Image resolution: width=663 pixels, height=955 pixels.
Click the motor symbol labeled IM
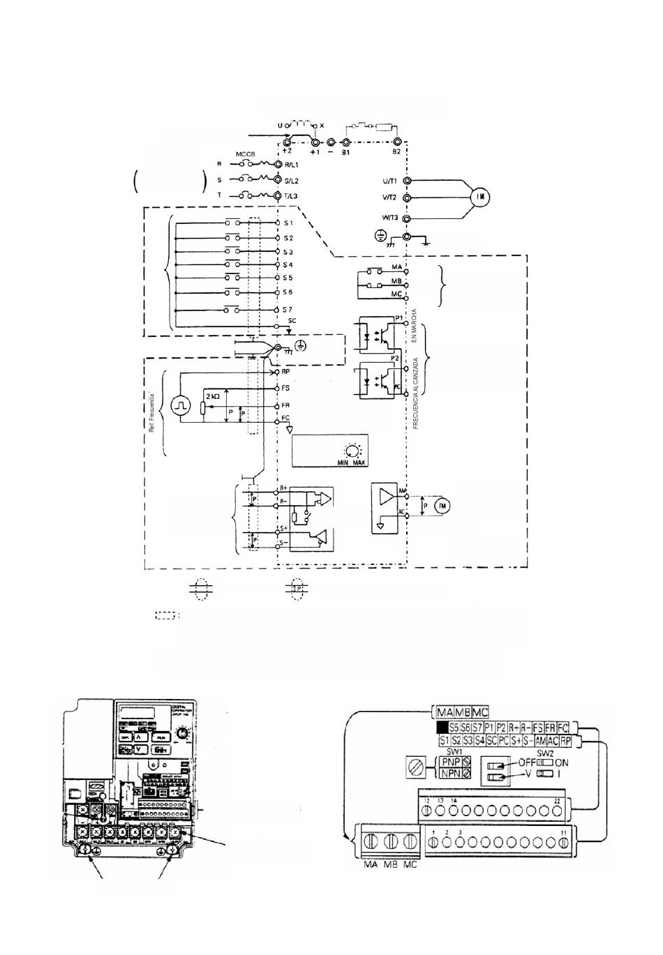[x=479, y=197]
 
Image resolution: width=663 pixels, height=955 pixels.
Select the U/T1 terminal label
[x=389, y=181]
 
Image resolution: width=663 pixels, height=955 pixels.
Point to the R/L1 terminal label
[x=292, y=165]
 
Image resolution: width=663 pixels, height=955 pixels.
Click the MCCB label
[x=245, y=154]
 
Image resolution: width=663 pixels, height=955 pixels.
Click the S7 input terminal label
[x=288, y=309]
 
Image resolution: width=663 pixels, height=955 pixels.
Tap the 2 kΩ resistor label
[x=212, y=396]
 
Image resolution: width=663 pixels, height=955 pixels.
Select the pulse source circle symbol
[x=181, y=405]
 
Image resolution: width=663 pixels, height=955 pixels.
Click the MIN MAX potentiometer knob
[x=352, y=451]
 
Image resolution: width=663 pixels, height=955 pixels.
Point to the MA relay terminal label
[x=396, y=267]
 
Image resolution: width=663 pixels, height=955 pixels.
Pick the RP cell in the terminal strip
[x=565, y=740]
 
